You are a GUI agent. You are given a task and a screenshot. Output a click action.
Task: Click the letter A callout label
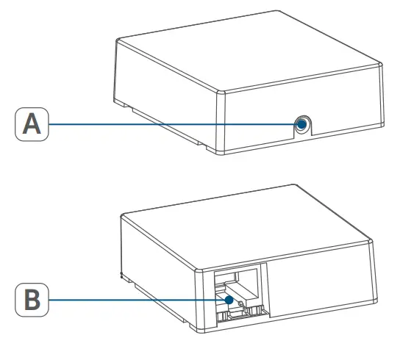30,124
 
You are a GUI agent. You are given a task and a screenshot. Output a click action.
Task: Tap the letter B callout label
30,300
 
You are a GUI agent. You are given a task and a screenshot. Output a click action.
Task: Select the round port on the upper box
301,124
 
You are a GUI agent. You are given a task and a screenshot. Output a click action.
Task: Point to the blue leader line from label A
169,124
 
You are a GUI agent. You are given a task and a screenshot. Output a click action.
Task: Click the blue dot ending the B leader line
229,300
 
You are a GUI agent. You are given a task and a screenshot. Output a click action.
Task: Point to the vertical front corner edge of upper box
215,125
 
